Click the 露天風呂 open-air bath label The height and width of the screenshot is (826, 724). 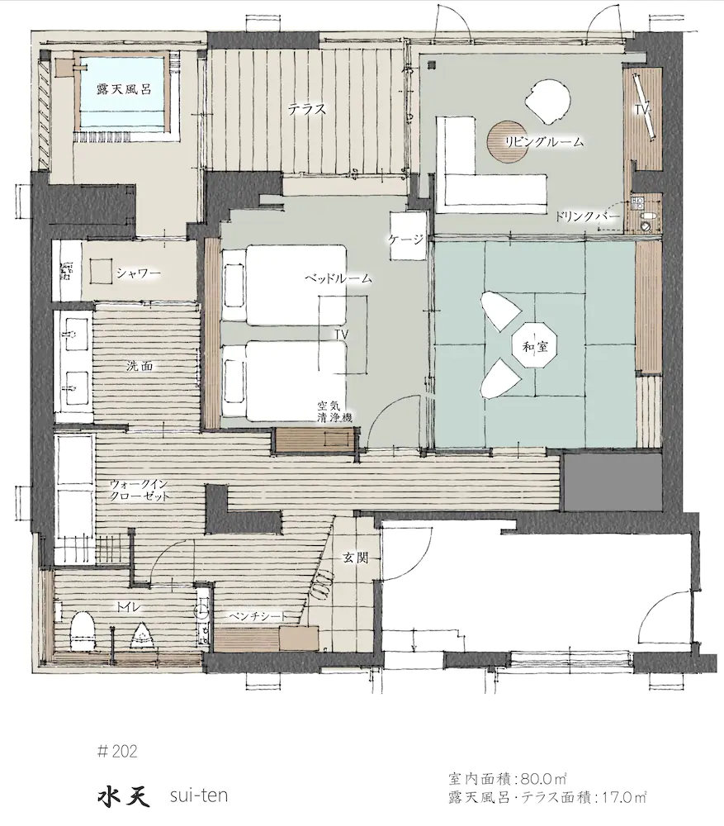(124, 89)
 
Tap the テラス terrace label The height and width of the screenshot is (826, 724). (307, 110)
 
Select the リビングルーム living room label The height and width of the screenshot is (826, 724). (544, 142)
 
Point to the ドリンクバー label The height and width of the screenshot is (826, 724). (587, 217)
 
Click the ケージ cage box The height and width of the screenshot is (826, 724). (408, 235)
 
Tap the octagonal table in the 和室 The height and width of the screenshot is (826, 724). (534, 347)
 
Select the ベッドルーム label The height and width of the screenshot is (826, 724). (338, 278)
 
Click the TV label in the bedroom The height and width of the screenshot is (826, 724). (342, 335)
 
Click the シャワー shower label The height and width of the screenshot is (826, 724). (139, 273)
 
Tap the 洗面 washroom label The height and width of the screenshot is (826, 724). (140, 366)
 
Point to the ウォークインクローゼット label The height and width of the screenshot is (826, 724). (140, 490)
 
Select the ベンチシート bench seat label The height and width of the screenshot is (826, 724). (258, 616)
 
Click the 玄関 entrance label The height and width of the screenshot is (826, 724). (356, 558)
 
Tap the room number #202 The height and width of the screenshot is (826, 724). (117, 751)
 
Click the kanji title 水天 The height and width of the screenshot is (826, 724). (123, 795)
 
